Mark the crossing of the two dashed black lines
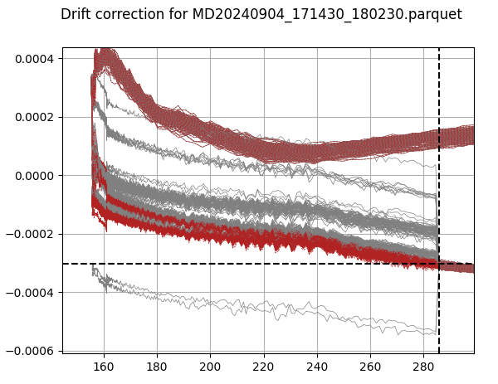[439, 264]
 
